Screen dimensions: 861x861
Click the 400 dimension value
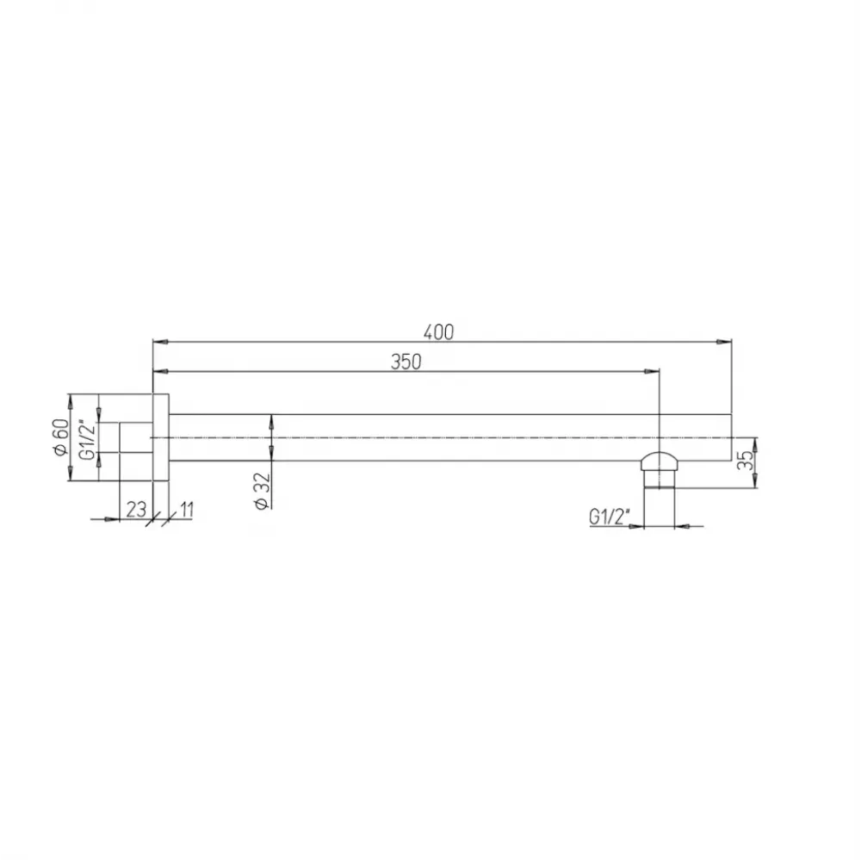click(x=439, y=332)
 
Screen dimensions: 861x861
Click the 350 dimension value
click(x=406, y=362)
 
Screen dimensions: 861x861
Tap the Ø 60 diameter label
click(x=60, y=437)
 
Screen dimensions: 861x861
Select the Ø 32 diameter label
click(x=263, y=492)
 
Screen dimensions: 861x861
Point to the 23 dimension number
click(x=136, y=510)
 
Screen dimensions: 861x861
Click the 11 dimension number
click(x=187, y=510)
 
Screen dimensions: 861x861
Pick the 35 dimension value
click(x=745, y=460)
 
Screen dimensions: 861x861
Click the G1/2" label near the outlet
click(x=610, y=516)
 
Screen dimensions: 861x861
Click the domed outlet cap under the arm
click(x=659, y=461)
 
